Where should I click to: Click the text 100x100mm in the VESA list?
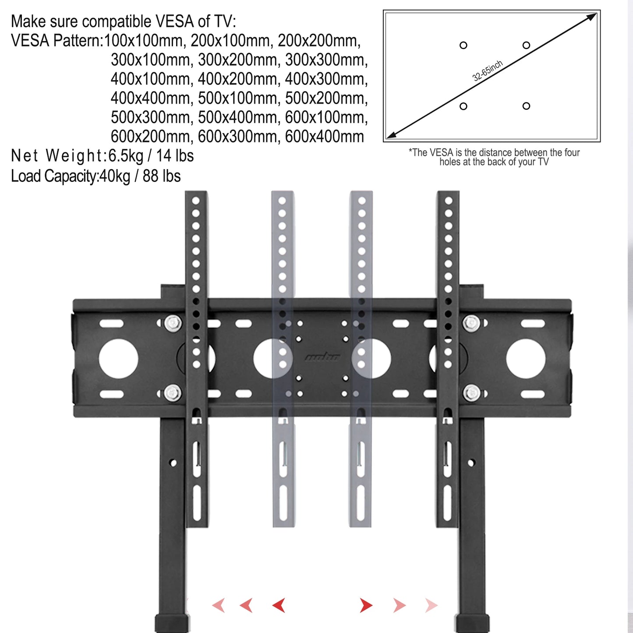pos(143,41)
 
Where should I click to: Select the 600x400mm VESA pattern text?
pos(324,137)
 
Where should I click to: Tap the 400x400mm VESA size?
pos(150,98)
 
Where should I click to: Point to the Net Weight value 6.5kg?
pos(126,156)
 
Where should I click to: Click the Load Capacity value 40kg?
pos(115,177)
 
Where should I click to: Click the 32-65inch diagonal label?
pos(487,71)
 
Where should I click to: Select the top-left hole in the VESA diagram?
pos(463,45)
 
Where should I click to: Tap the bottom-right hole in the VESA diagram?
pos(526,106)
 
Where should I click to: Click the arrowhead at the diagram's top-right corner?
pos(592,17)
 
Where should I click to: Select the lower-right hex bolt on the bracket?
pos(471,393)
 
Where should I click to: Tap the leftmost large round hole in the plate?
pos(118,359)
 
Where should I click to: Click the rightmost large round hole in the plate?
pos(526,359)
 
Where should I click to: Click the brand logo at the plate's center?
pos(322,357)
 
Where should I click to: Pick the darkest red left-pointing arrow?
pos(279,605)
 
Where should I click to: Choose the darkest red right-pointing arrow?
pos(366,605)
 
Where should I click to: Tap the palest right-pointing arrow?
pos(431,605)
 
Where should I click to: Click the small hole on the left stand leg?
pos(173,463)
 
